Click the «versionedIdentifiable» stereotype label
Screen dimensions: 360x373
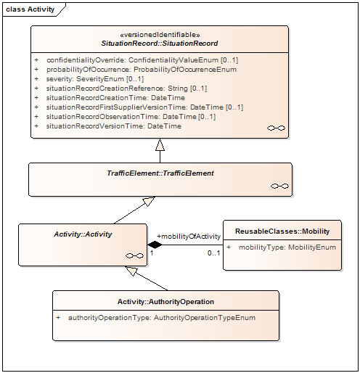[x=160, y=35]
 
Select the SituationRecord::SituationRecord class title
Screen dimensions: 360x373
[x=160, y=44]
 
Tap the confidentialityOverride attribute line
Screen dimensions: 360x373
[x=142, y=60]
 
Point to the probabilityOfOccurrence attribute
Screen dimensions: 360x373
[x=142, y=70]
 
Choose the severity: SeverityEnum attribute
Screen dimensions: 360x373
[x=95, y=79]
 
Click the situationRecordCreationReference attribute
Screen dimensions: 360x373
[x=126, y=89]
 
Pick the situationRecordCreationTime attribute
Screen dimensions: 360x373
[x=115, y=98]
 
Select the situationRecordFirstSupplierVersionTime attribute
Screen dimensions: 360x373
[x=144, y=107]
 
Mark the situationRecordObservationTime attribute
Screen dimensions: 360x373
[x=131, y=117]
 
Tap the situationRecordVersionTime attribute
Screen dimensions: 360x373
[x=114, y=126]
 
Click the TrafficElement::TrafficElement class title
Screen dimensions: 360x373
[x=160, y=173]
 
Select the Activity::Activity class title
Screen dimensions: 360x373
[x=83, y=234]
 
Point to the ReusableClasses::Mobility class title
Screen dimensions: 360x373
[x=282, y=231]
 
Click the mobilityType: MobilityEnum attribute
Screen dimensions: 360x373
[x=287, y=247]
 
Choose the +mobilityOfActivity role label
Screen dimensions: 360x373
[x=189, y=237]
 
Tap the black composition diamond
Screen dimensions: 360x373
[x=155, y=245]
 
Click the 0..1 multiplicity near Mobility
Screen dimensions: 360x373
[x=214, y=253]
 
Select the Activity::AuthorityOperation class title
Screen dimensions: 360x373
[x=165, y=302]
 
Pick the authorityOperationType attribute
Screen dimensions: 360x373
[x=162, y=318]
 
